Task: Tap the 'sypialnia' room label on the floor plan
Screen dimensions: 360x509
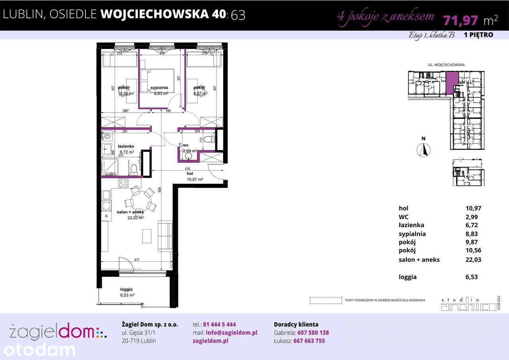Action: pyautogui.click(x=159, y=88)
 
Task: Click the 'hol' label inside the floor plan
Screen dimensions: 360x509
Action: pyautogui.click(x=190, y=174)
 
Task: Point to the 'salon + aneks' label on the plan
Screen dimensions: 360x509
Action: pyautogui.click(x=130, y=212)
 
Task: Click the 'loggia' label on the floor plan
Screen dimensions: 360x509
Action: pyautogui.click(x=126, y=290)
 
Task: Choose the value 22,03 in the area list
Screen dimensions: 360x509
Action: pyautogui.click(x=473, y=260)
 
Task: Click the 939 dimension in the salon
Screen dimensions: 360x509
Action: pyautogui.click(x=159, y=190)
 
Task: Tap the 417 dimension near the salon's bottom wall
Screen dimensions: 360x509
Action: pyautogui.click(x=136, y=260)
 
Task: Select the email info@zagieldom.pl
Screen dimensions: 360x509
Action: pyautogui.click(x=231, y=333)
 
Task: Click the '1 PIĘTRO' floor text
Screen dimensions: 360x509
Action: pyautogui.click(x=478, y=35)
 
